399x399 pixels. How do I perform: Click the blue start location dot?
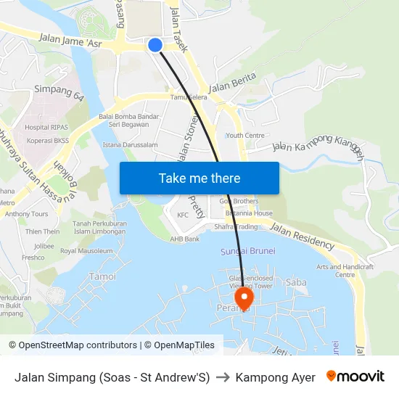155,45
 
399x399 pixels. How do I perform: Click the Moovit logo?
355,377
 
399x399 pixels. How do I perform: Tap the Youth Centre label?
245,135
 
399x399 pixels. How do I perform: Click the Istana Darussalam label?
131,145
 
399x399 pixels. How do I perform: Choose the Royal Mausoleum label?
86,251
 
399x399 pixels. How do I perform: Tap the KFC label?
184,215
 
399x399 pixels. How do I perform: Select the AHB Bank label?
185,239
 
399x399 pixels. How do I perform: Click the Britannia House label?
249,213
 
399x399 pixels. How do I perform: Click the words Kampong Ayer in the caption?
276,377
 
